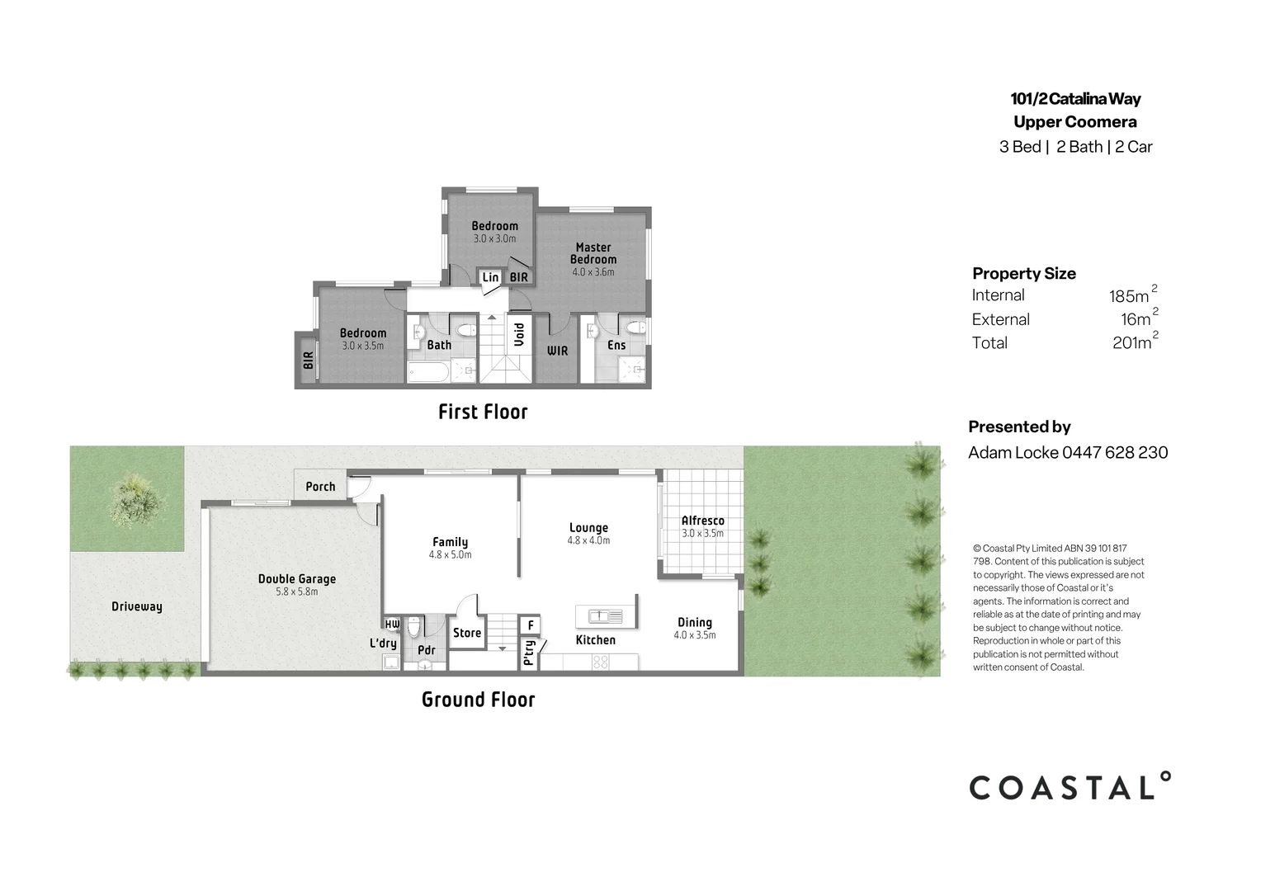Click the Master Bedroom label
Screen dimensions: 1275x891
coord(593,253)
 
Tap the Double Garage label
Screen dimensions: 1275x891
coord(297,578)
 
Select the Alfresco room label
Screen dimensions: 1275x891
coord(703,521)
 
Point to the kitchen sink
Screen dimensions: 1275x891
coord(606,615)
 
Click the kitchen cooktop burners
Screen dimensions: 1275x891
coord(601,662)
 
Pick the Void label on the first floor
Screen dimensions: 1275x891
coord(519,335)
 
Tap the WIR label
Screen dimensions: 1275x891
coord(557,351)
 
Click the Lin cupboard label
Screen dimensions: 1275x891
coord(491,278)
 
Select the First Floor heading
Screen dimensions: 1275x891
coord(483,412)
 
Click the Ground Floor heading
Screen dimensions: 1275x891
coord(478,700)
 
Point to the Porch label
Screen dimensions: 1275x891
coord(320,487)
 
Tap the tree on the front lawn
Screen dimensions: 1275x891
coord(139,502)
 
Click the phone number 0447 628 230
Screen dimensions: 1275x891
coord(1115,452)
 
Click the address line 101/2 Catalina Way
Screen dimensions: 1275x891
coord(1075,99)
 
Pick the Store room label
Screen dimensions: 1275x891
coord(467,633)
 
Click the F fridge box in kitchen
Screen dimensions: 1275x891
coord(531,625)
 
